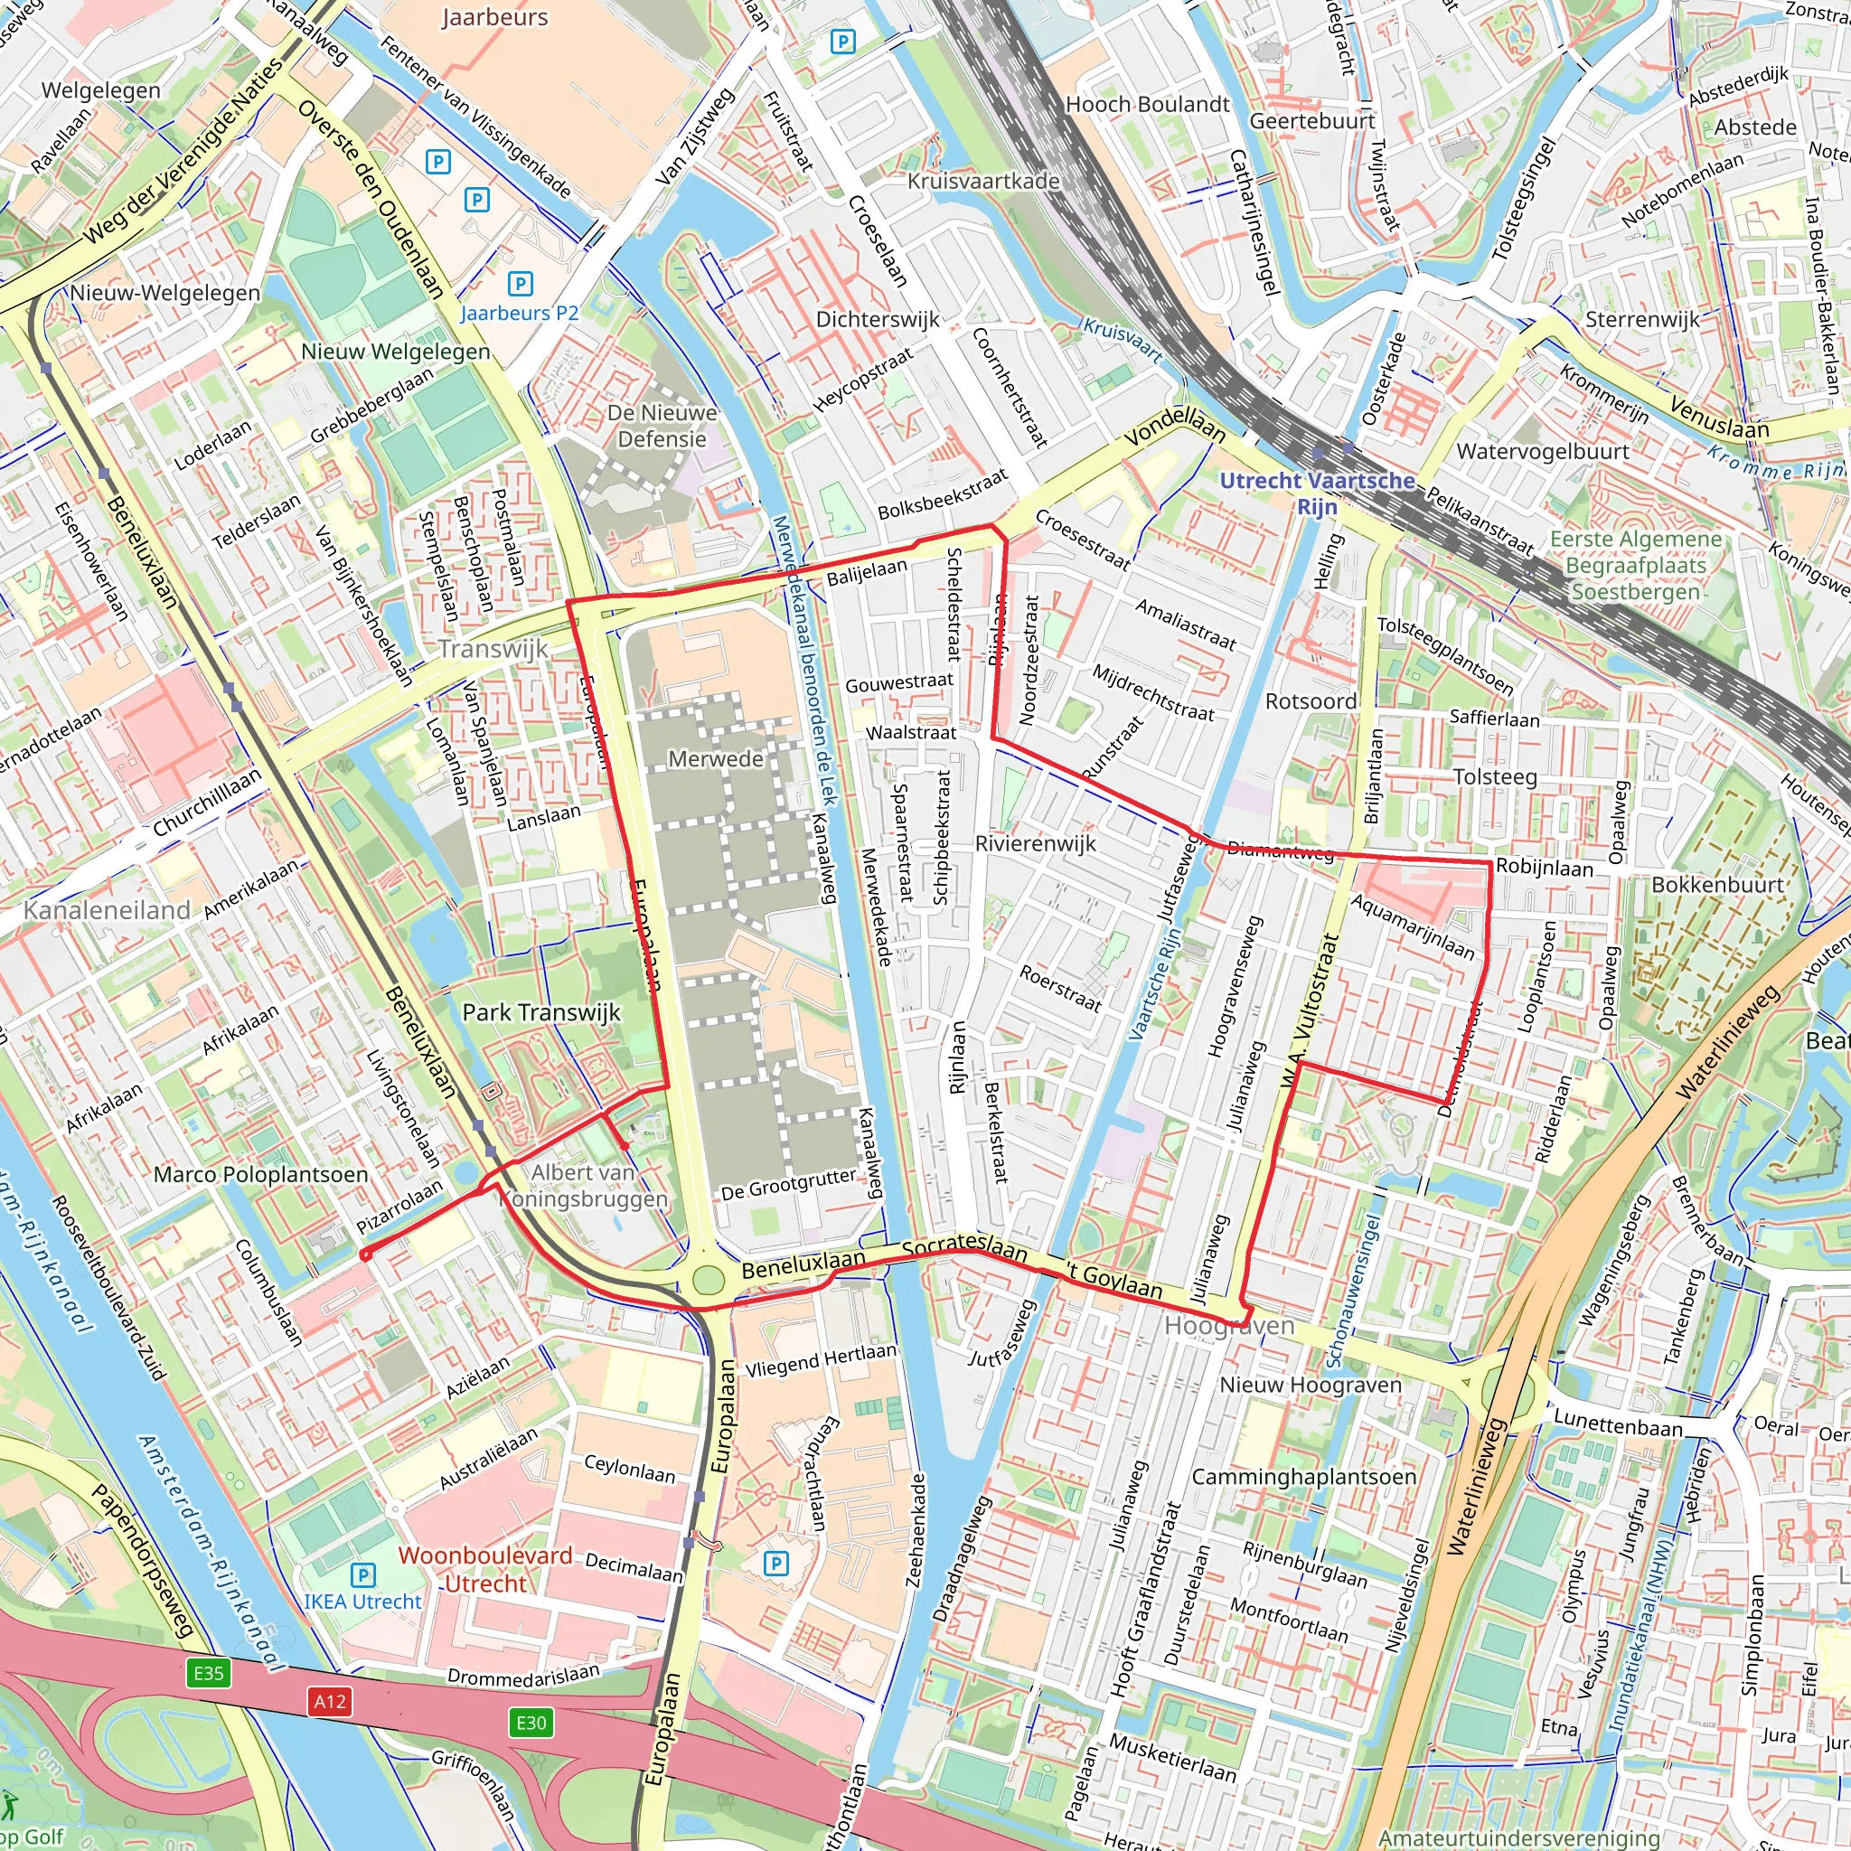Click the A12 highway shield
tap(330, 1702)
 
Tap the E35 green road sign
tap(208, 1674)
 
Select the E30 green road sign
tap(531, 1724)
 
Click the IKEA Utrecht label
tap(362, 1601)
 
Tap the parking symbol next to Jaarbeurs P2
tap(520, 284)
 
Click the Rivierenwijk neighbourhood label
tap(1035, 843)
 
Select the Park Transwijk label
tap(541, 1012)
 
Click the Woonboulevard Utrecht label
tap(484, 1569)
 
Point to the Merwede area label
tap(716, 759)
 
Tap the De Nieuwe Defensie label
tap(662, 427)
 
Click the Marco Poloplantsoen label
tap(260, 1175)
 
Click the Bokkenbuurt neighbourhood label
tap(1717, 884)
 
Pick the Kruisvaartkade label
tap(983, 181)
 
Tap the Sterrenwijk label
tap(1642, 319)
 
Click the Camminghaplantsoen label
tap(1303, 1477)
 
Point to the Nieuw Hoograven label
tap(1310, 1385)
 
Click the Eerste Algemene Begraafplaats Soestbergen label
tap(1635, 565)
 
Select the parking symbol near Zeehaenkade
tap(776, 1564)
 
